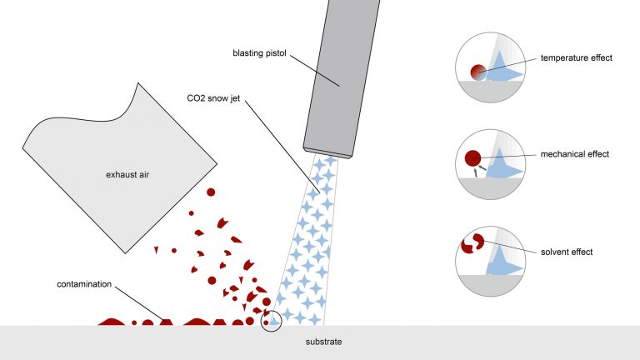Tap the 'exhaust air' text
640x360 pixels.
(128, 175)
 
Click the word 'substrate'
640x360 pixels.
(322, 342)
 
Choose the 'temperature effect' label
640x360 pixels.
(577, 58)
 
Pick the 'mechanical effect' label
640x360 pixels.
(575, 154)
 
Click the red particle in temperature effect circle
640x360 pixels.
(477, 72)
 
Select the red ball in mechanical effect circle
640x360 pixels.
(472, 157)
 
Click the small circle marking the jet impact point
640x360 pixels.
(272, 320)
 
